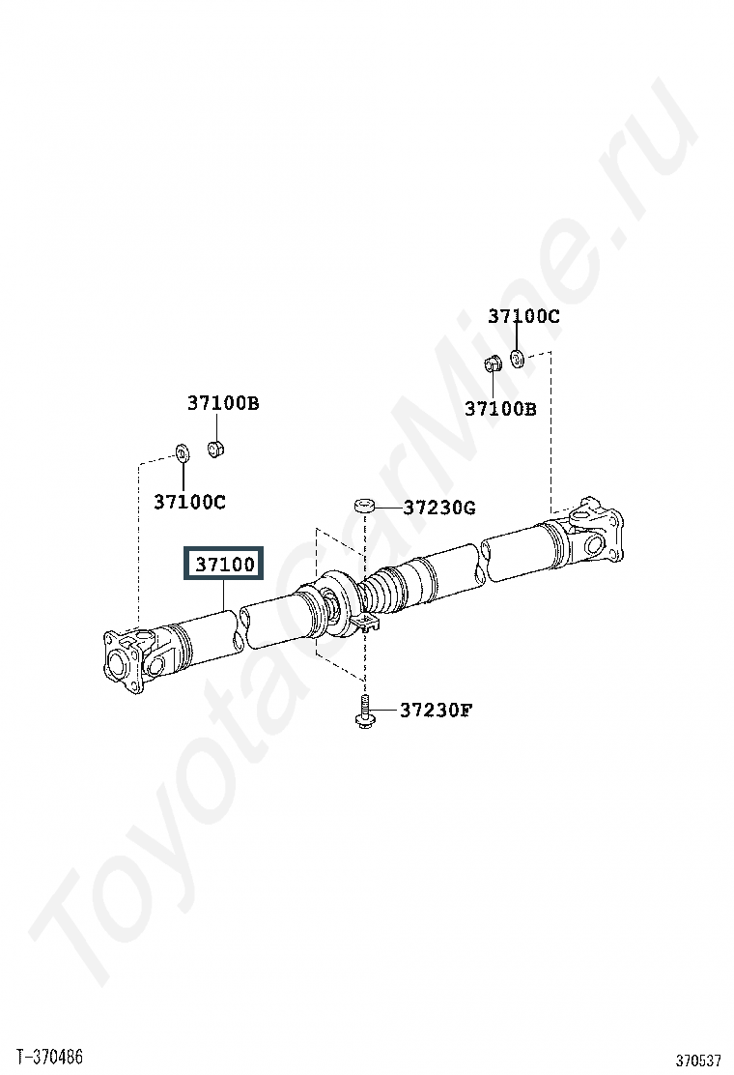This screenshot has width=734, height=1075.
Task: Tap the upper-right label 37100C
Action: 523,316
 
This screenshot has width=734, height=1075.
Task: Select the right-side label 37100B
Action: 500,409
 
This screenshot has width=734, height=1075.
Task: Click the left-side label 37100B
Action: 223,403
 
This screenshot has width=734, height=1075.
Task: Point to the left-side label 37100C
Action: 189,502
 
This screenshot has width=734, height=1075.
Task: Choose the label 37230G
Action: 438,508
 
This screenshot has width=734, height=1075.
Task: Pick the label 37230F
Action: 437,710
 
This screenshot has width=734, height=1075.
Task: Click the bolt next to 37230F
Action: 364,712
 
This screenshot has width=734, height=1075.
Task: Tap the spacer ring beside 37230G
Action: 363,507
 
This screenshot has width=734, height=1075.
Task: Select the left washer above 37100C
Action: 183,453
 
